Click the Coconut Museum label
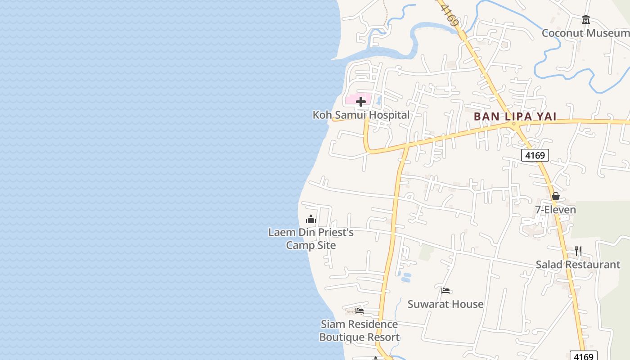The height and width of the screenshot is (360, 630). (585, 33)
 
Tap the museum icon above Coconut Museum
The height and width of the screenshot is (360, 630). (585, 20)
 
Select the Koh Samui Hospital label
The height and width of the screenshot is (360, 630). (361, 115)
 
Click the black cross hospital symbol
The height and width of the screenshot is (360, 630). (361, 101)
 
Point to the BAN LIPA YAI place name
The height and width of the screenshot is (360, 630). (515, 117)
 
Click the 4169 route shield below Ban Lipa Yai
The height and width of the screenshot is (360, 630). (535, 155)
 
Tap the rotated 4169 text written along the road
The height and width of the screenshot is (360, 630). (450, 15)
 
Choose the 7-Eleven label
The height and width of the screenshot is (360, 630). (555, 210)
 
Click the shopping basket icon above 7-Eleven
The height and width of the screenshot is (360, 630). (556, 196)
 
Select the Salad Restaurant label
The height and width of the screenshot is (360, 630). (577, 265)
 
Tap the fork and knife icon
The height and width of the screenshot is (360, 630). (578, 251)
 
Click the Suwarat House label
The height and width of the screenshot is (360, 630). (445, 304)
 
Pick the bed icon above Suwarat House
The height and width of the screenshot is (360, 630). (445, 291)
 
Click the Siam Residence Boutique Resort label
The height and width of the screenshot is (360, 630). (359, 330)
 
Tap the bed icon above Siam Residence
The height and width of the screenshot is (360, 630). (359, 310)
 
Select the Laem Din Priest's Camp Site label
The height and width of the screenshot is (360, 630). (311, 238)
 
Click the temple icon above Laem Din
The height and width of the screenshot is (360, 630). (311, 220)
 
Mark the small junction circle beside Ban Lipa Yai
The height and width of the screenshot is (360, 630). (513, 124)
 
